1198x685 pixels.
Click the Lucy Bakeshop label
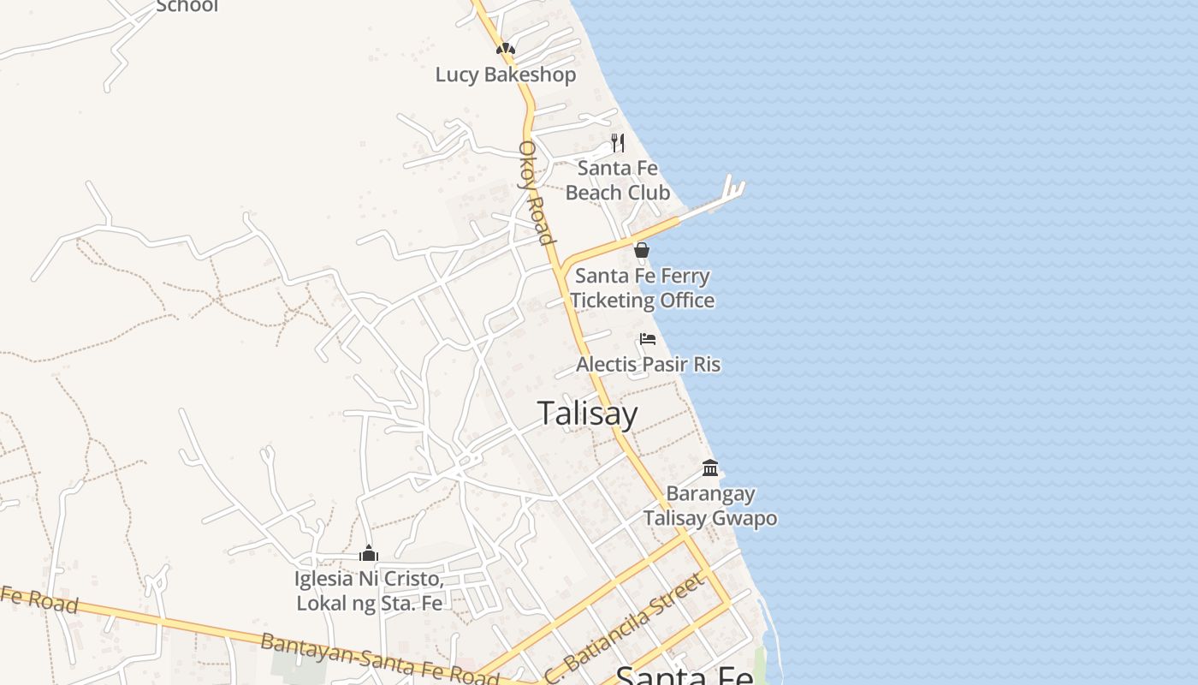pyautogui.click(x=505, y=74)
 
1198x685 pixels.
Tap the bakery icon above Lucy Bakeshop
pyautogui.click(x=506, y=49)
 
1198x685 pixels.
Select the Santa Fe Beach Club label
pyautogui.click(x=617, y=181)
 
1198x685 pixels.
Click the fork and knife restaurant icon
pyautogui.click(x=617, y=142)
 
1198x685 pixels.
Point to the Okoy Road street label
pyautogui.click(x=536, y=192)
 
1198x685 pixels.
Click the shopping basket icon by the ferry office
pyautogui.click(x=641, y=250)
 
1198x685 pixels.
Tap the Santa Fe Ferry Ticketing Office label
pyautogui.click(x=642, y=289)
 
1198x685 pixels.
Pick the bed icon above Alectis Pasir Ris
pyautogui.click(x=648, y=339)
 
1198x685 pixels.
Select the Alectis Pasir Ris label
pyautogui.click(x=648, y=365)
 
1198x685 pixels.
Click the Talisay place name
pyautogui.click(x=588, y=414)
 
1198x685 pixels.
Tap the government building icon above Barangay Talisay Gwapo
pyautogui.click(x=710, y=468)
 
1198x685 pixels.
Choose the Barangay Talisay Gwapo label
pyautogui.click(x=710, y=506)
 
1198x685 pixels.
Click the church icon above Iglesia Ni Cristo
pyautogui.click(x=369, y=553)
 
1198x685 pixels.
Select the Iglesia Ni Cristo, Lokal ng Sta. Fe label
pyautogui.click(x=369, y=592)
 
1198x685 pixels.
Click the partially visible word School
pyautogui.click(x=187, y=6)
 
